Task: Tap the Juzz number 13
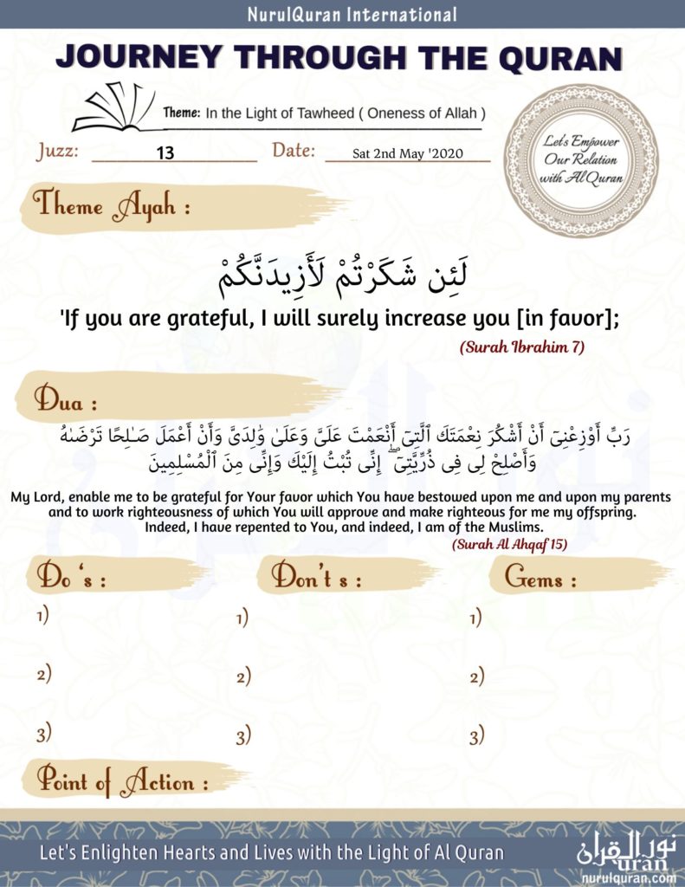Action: click(x=165, y=153)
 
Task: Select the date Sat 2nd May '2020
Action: click(x=408, y=154)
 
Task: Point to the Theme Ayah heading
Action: click(x=112, y=206)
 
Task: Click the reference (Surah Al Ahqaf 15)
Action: click(x=509, y=545)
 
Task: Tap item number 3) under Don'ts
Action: click(x=243, y=737)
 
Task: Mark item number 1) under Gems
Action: click(x=475, y=618)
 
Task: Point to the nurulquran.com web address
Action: click(x=629, y=877)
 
